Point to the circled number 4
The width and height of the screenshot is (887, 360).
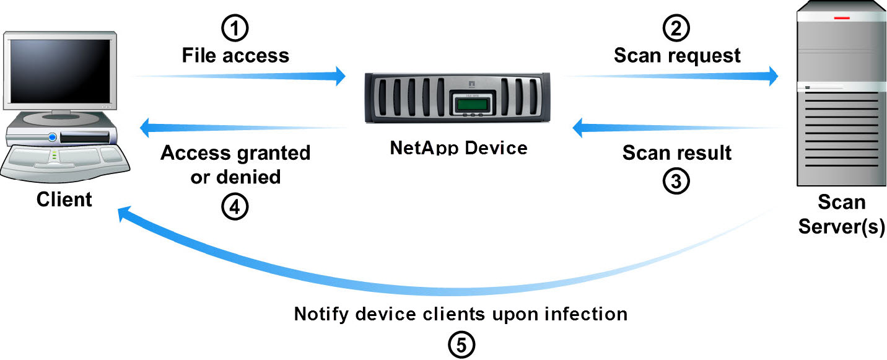click(x=235, y=207)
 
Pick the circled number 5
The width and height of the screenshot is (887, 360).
click(x=461, y=344)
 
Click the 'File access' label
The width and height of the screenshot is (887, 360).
click(x=235, y=56)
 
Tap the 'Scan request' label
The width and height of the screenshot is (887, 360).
click(x=677, y=56)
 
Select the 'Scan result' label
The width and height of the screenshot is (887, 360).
click(x=677, y=152)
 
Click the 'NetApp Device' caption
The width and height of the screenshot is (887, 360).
click(x=459, y=148)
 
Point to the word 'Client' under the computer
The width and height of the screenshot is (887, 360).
click(x=64, y=200)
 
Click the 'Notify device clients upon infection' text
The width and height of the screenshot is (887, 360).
click(x=461, y=314)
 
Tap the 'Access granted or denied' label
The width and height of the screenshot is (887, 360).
click(x=235, y=165)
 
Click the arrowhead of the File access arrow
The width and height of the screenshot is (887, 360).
click(x=338, y=76)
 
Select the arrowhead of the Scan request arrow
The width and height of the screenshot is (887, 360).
click(x=771, y=76)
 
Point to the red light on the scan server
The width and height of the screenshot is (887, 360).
click(x=842, y=19)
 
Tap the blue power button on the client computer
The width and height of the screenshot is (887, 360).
click(x=53, y=137)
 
